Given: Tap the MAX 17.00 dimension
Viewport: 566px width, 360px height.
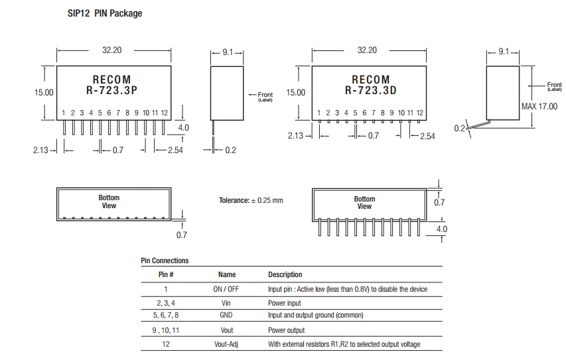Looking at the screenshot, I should coord(539,107).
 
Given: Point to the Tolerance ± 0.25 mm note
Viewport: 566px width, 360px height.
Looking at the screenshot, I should coord(251,200).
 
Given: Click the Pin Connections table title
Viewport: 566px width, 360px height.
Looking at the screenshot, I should coord(165,261).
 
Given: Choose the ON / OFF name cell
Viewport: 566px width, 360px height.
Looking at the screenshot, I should coord(227,289).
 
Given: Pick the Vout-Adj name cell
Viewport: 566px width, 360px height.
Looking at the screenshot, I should coord(227,344).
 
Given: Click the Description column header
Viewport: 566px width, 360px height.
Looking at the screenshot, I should coord(285,274).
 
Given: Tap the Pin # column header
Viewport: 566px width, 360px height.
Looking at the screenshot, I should coord(166,274).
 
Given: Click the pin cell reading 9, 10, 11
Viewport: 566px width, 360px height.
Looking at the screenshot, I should coord(166,330).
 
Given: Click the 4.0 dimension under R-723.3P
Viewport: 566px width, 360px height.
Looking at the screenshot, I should coord(183,128).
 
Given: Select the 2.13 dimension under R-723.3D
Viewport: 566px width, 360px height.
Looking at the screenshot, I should coord(296,135).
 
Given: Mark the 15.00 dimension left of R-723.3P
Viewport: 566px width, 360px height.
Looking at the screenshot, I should coord(44,92).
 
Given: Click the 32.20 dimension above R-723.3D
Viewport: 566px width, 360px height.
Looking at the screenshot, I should coord(367,50).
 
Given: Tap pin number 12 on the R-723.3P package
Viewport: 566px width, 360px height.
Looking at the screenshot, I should coord(164,113).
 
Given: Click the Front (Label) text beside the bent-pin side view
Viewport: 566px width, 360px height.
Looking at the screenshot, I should coord(554,87).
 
